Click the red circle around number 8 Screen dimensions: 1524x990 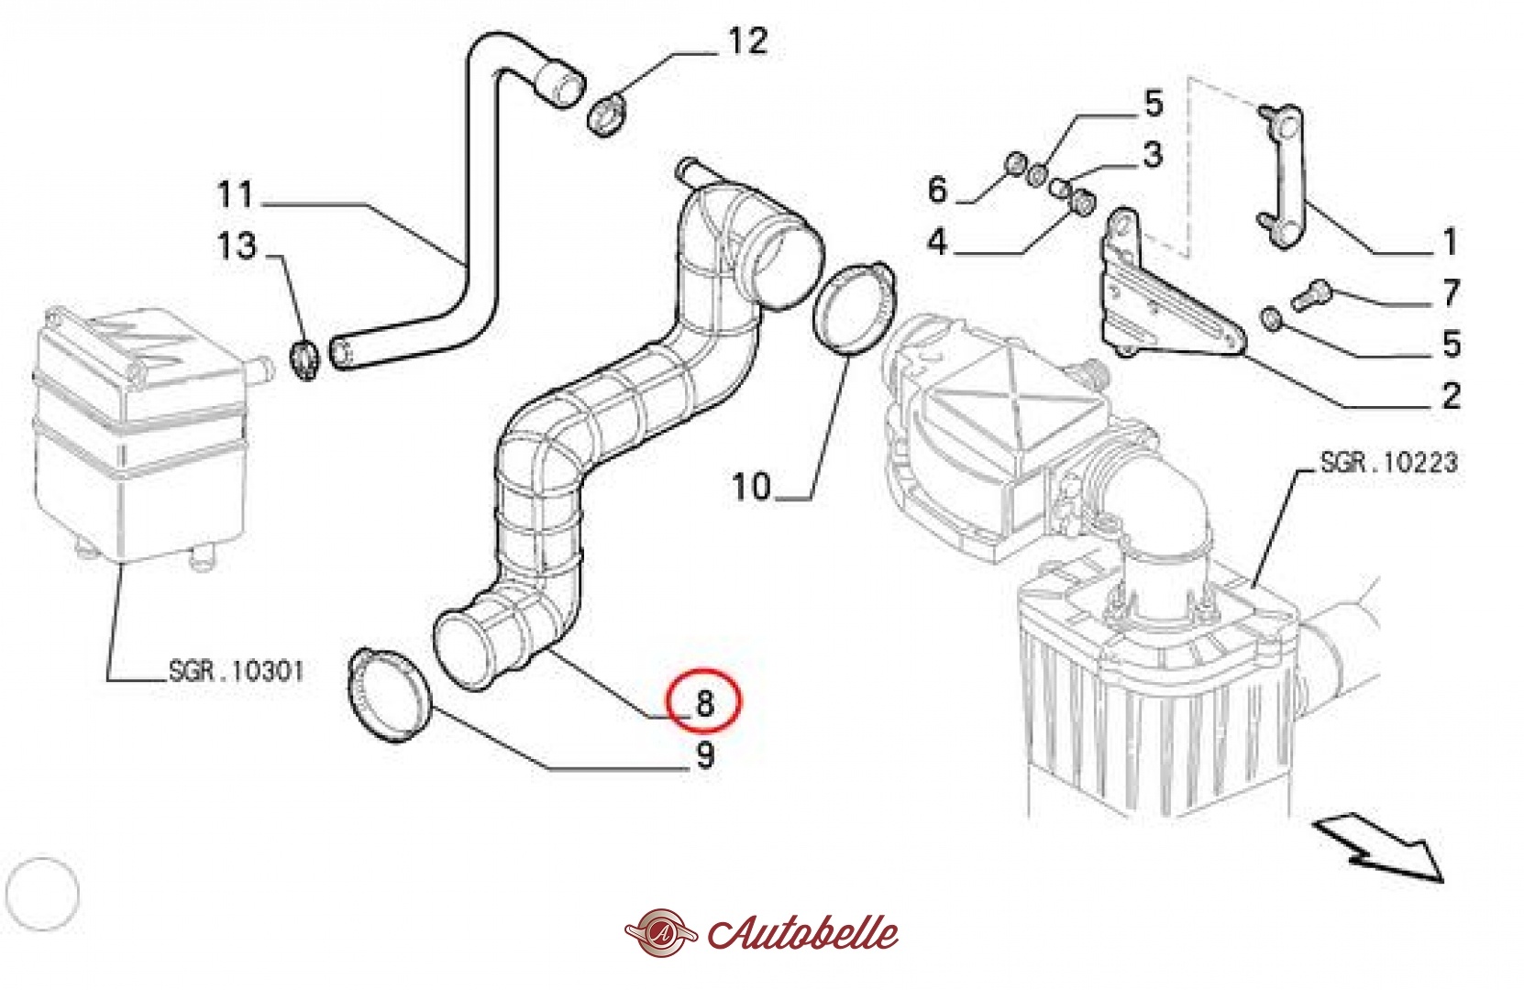click(703, 701)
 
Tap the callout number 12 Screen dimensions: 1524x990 click(747, 41)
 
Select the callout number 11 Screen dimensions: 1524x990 click(236, 194)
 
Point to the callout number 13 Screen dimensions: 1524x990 click(236, 246)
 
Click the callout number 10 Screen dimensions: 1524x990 click(751, 487)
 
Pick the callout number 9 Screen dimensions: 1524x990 click(705, 755)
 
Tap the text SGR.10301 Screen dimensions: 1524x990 click(236, 672)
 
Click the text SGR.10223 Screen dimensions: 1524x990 click(1388, 463)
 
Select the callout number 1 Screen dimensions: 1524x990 click(1449, 241)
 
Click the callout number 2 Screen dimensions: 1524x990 click(1452, 395)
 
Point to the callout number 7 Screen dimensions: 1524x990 click(1451, 293)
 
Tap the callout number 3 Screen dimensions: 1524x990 click(1153, 154)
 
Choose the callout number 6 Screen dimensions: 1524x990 click(937, 189)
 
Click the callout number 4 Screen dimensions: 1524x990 click(937, 241)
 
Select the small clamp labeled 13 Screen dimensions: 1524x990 click(304, 359)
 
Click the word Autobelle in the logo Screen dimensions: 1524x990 click(803, 932)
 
